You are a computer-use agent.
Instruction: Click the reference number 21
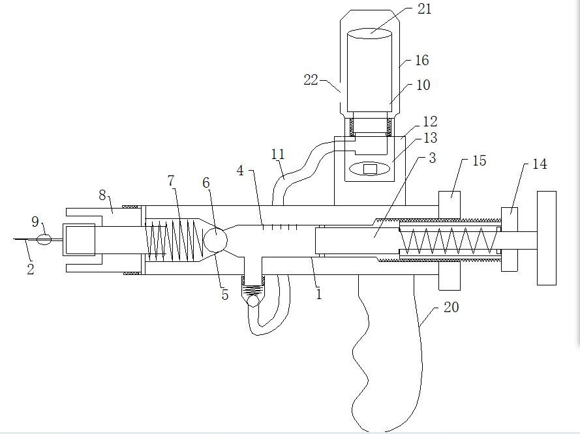point(424,9)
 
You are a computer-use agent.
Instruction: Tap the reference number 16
point(421,60)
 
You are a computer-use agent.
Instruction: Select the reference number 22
point(311,80)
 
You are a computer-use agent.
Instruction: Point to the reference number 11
point(278,154)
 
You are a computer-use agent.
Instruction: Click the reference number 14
point(540,164)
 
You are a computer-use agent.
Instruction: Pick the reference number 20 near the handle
point(451,307)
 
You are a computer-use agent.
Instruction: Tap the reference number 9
point(35,222)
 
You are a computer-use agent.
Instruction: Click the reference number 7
point(170,181)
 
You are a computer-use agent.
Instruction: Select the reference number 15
point(479,160)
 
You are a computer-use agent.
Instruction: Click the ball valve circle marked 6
point(215,239)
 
